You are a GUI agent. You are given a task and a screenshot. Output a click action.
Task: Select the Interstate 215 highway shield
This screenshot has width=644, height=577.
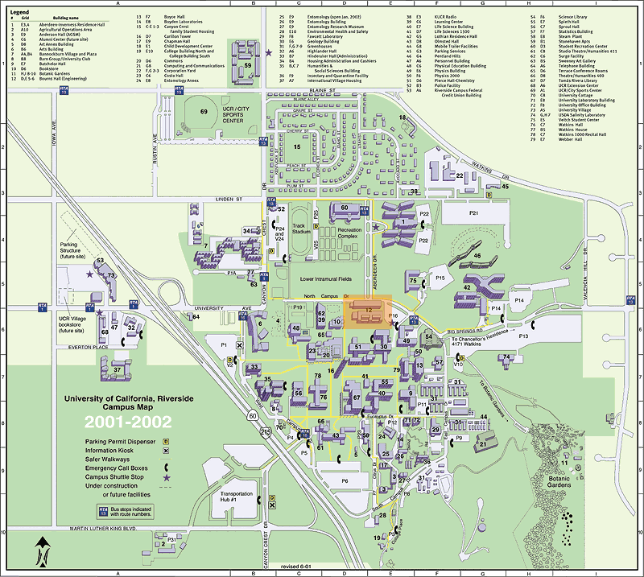(266, 433)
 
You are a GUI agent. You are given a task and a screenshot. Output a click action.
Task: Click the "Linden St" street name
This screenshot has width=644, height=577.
(218, 196)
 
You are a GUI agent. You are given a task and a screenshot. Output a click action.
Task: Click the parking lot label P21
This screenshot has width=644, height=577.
(474, 213)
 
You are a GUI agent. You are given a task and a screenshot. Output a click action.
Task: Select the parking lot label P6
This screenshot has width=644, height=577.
(344, 480)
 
